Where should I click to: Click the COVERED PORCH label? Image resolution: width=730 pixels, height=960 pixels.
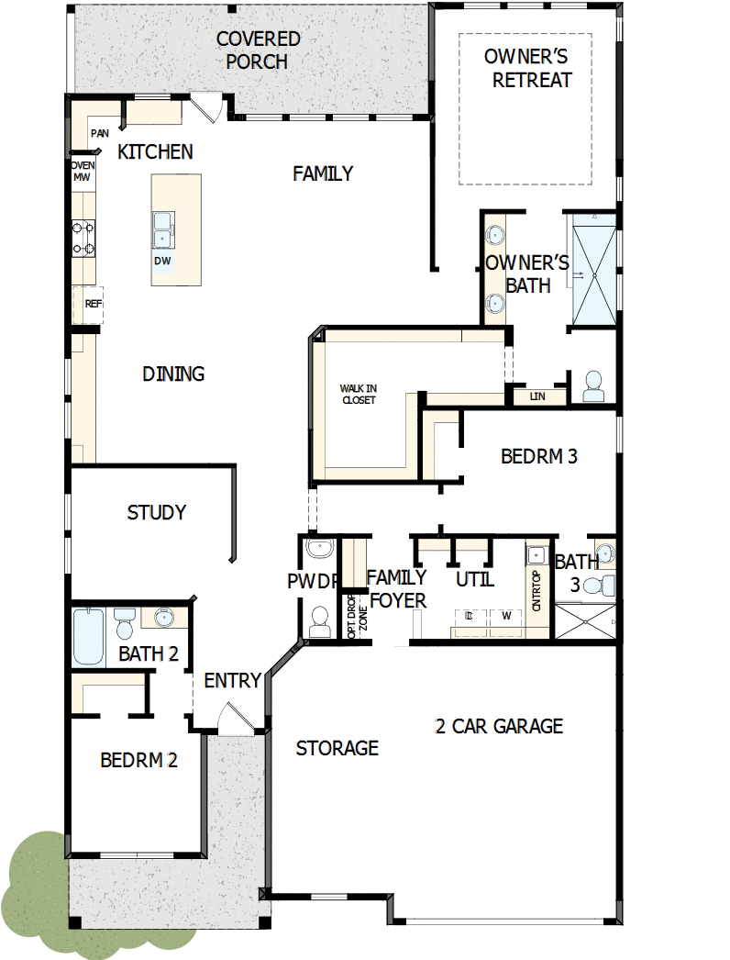[258, 50]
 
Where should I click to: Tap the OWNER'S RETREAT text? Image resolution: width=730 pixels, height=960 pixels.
[532, 69]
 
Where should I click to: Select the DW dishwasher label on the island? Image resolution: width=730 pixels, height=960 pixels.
[162, 261]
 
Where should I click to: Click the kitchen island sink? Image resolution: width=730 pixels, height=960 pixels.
[162, 229]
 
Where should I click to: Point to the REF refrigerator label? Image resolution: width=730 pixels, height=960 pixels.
[93, 304]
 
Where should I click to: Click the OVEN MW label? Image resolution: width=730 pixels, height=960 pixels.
[83, 172]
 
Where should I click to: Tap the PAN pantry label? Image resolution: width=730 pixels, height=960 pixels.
[99, 134]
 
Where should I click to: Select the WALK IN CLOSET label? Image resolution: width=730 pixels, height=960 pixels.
[359, 395]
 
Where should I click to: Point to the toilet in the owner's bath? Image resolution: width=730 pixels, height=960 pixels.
[593, 386]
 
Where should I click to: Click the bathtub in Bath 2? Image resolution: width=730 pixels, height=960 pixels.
[90, 637]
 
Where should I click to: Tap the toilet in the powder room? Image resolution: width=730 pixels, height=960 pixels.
[320, 621]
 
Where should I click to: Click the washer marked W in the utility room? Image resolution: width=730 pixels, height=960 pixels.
[505, 616]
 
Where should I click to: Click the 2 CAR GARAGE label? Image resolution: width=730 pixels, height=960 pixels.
[499, 727]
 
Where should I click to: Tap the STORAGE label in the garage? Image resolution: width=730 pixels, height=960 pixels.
[337, 749]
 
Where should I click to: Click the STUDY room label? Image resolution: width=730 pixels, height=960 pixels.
[157, 513]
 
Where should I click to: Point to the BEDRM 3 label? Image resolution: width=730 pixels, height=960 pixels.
[539, 456]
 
